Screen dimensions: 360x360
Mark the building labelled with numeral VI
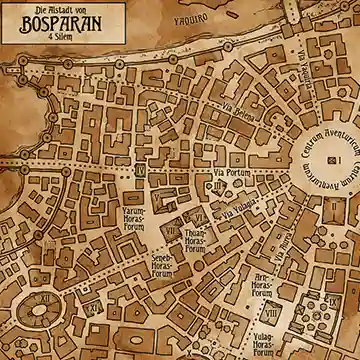coord(199,215)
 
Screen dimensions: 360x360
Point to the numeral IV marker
coord(139,171)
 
